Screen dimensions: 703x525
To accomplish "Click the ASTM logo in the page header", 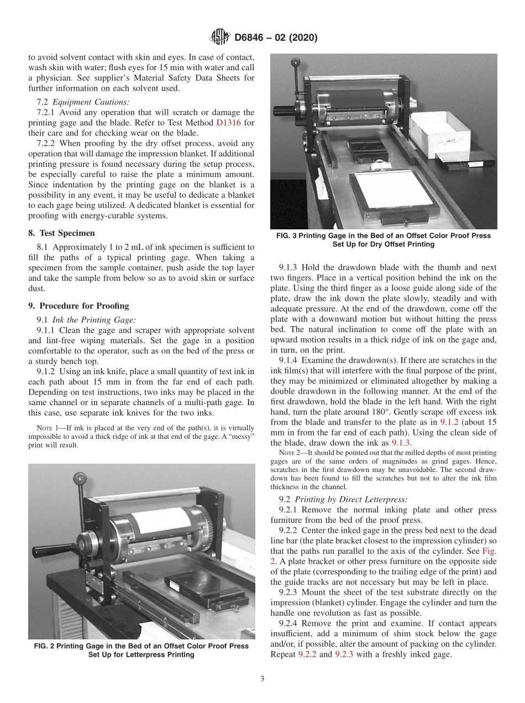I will [x=219, y=38].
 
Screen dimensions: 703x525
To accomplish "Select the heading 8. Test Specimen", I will [x=61, y=233].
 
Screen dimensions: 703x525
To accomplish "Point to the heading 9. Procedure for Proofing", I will [x=78, y=306].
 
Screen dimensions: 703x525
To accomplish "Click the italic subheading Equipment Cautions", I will [x=91, y=102].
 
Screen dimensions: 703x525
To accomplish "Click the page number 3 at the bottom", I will [x=262, y=679].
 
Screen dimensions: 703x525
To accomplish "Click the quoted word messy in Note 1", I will [x=240, y=436].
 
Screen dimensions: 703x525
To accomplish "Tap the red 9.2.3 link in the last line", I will [x=347, y=655].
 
